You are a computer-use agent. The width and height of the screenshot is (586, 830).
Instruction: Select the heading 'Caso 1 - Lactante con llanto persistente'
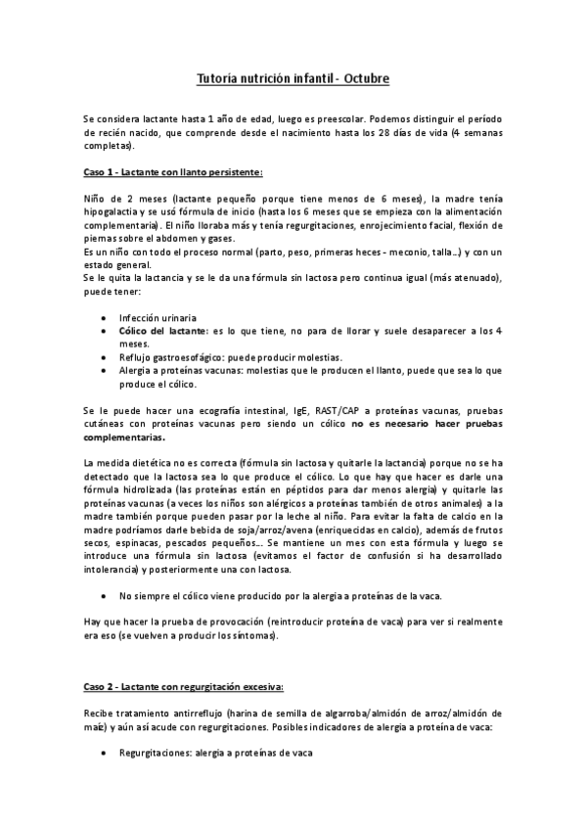pyautogui.click(x=172, y=172)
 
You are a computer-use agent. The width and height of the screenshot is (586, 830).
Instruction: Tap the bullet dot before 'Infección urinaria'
pyautogui.click(x=105, y=318)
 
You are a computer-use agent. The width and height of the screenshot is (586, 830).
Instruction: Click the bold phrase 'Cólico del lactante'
pyautogui.click(x=161, y=332)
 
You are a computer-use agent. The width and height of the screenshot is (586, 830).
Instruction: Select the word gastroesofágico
pyautogui.click(x=187, y=358)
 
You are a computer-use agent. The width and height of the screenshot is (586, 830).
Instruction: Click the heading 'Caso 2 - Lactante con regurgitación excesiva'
pyautogui.click(x=183, y=689)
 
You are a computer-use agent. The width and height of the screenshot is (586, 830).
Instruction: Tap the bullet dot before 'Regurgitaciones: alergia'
pyautogui.click(x=105, y=755)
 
